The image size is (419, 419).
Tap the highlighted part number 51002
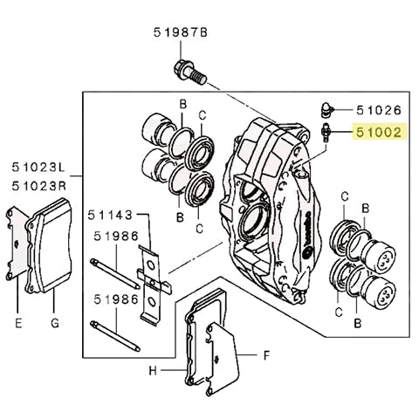pyautogui.click(x=378, y=134)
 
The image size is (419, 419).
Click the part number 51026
pyautogui.click(x=378, y=111)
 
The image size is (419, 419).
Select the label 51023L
pyautogui.click(x=38, y=166)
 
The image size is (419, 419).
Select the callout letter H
pyautogui.click(x=152, y=370)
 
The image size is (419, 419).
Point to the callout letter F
pyautogui.click(x=268, y=355)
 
